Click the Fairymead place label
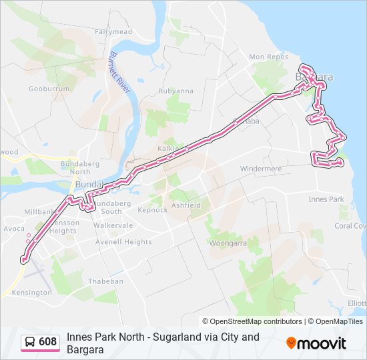click(113, 31)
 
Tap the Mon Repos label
click(268, 57)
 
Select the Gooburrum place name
click(49, 89)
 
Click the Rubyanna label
click(176, 91)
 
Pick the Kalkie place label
click(168, 148)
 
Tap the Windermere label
click(261, 169)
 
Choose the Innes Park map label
click(326, 199)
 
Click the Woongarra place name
click(229, 244)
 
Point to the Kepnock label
click(152, 209)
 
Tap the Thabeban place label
click(106, 281)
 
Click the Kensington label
click(31, 293)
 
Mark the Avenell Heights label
click(123, 242)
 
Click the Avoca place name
click(14, 228)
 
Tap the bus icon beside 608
click(30, 342)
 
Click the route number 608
click(47, 342)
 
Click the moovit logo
click(316, 343)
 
